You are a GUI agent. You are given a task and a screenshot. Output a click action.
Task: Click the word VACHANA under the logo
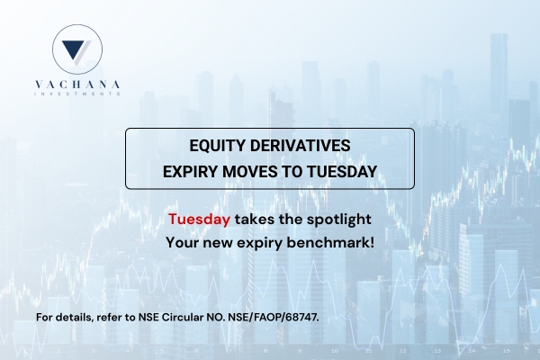pyautogui.click(x=77, y=85)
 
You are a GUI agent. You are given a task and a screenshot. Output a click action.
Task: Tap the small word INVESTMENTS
pyautogui.click(x=77, y=94)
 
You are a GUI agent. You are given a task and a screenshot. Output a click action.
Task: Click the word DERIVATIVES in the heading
pyautogui.click(x=301, y=146)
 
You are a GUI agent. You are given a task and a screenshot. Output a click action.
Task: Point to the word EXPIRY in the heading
pyautogui.click(x=190, y=172)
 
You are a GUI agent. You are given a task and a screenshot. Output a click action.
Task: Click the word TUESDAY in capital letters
pyautogui.click(x=342, y=172)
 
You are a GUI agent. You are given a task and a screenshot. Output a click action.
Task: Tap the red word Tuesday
pyautogui.click(x=199, y=219)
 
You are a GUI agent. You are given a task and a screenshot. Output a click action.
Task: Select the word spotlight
pyautogui.click(x=339, y=220)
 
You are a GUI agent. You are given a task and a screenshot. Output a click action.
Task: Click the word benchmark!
pyautogui.click(x=330, y=242)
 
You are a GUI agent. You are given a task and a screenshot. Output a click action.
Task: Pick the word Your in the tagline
pyautogui.click(x=182, y=242)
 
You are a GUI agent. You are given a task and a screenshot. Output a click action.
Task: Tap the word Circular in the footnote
pyautogui.click(x=183, y=317)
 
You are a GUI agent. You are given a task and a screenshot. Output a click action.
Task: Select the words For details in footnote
pyautogui.click(x=65, y=317)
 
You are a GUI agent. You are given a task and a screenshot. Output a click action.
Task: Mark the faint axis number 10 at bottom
pyautogui.click(x=335, y=351)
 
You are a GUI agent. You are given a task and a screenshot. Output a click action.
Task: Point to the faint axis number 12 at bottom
pyautogui.click(x=403, y=351)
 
